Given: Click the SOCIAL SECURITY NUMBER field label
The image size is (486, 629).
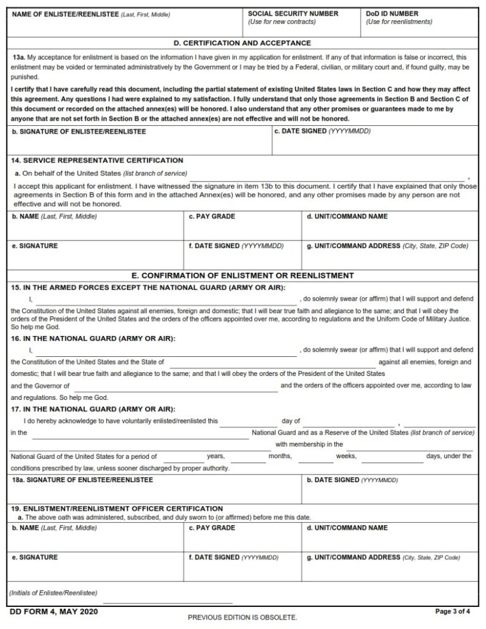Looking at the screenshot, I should point(292,13).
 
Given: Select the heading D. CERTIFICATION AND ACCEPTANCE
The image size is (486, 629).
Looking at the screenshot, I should point(242,43).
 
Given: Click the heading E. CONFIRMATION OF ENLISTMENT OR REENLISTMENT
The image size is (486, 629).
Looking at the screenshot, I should point(242,275).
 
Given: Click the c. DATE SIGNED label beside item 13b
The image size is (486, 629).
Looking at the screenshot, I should point(322,131).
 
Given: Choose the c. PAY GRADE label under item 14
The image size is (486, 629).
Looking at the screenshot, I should point(212,216).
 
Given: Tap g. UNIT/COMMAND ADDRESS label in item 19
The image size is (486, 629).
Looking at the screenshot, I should point(383,557).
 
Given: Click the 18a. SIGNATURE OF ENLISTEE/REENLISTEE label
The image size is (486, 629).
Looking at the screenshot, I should point(82,480).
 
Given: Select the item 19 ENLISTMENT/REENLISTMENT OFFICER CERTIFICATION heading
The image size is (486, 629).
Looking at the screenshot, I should point(117,508).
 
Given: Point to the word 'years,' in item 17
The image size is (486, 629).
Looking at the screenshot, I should point(216,456).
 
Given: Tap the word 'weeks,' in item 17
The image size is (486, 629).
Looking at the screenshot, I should point(346,456).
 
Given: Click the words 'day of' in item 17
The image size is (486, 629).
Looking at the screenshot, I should point(290,421).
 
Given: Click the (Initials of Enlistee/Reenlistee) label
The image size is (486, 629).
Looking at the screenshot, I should point(53,593).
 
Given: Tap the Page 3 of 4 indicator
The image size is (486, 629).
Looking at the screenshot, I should point(453,611).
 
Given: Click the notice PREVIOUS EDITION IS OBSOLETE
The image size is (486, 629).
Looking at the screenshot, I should point(242,616).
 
